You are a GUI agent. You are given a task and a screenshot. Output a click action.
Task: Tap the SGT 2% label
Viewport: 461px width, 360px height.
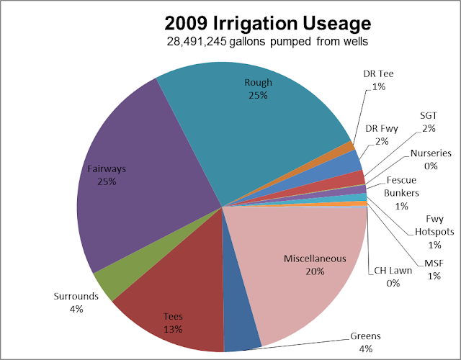click(429, 122)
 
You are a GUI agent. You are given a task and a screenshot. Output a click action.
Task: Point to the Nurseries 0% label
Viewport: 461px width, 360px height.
click(430, 159)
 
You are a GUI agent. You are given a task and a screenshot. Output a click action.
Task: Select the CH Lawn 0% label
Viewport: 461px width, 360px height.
click(392, 277)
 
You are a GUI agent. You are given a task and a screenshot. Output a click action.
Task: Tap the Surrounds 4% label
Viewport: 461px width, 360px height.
click(76, 302)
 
